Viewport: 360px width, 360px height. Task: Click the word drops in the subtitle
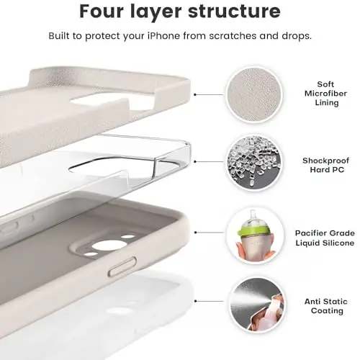point(297,36)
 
